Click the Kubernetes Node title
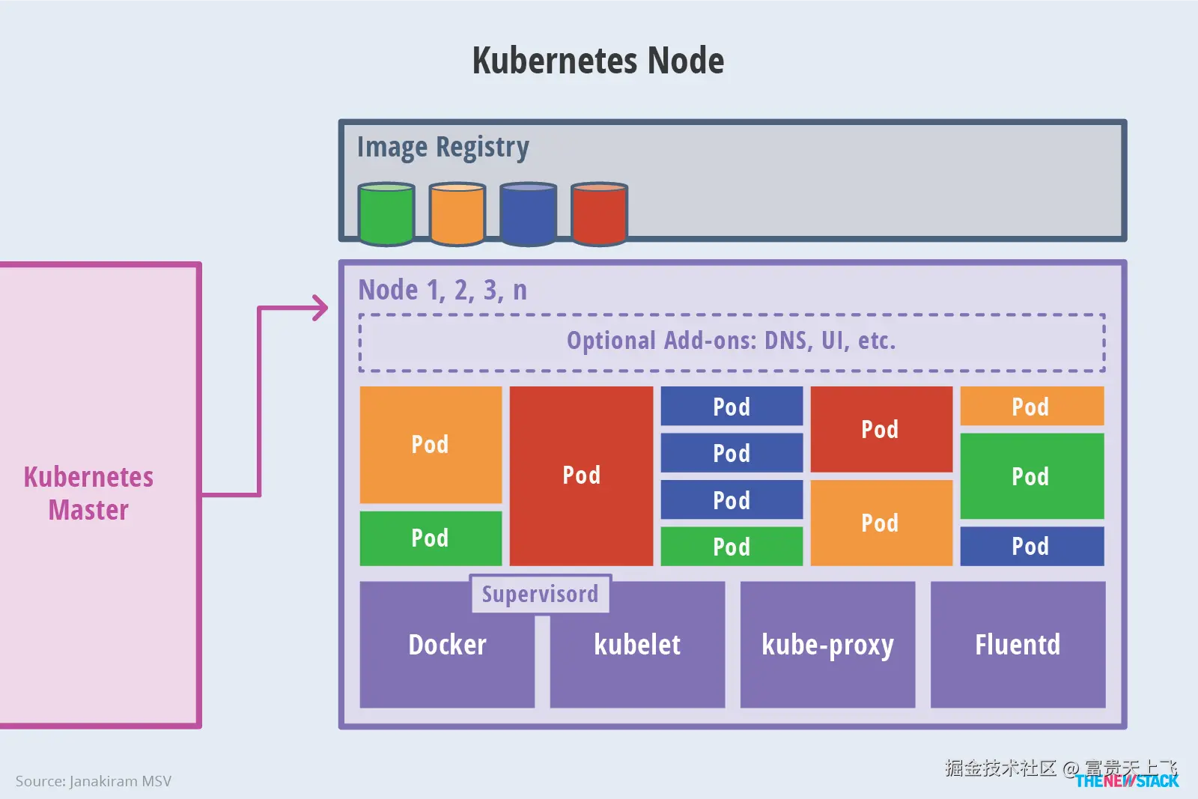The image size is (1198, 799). point(598,61)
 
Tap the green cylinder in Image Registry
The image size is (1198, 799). point(386,214)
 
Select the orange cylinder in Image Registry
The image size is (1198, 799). point(457,214)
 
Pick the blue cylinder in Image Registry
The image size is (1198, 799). point(528,214)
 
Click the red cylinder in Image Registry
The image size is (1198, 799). point(599,214)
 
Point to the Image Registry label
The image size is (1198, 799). point(443,148)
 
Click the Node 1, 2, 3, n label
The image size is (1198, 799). point(443,290)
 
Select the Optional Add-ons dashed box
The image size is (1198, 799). point(732,341)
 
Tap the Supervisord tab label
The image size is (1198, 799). point(540,594)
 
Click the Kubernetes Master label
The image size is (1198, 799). point(88,493)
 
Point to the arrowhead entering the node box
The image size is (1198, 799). point(320,308)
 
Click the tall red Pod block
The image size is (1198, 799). point(581,476)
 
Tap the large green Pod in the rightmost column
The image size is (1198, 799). point(1031,476)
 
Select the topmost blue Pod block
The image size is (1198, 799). point(732,407)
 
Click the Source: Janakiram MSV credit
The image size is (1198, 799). point(94,781)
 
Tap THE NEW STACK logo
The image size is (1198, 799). point(1127,781)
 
